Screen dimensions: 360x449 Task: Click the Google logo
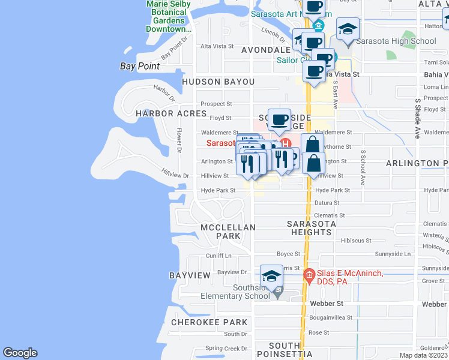point(20,353)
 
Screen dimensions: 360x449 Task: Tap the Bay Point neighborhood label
point(140,66)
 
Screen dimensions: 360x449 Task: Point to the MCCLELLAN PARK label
point(228,232)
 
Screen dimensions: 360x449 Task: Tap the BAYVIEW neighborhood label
point(190,275)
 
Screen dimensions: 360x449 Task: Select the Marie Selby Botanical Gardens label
point(169,16)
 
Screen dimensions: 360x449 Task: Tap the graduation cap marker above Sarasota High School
point(348,29)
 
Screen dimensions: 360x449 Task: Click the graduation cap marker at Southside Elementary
point(271,277)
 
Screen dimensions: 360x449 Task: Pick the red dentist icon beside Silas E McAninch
point(309,275)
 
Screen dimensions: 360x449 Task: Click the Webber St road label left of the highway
point(325,304)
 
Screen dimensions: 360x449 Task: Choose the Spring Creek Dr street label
point(226,348)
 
